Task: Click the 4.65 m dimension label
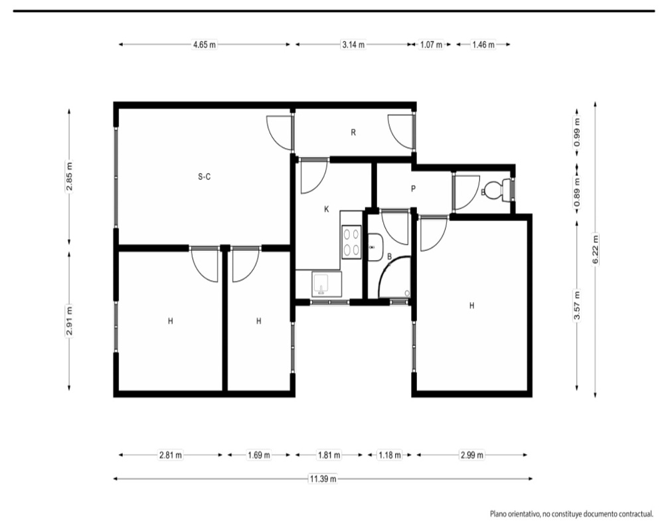click(x=205, y=44)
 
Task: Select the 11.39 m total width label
click(x=323, y=479)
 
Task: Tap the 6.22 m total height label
click(x=596, y=250)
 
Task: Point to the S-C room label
click(x=204, y=177)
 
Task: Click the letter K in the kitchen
click(x=327, y=209)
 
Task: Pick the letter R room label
click(x=353, y=133)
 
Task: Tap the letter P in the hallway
click(x=413, y=189)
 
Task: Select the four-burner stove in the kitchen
click(x=351, y=242)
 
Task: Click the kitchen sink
click(x=327, y=283)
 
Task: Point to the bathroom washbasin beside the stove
click(x=375, y=247)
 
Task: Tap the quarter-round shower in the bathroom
click(x=394, y=277)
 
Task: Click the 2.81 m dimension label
click(x=170, y=455)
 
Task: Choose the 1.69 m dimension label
click(x=259, y=455)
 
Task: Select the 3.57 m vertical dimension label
click(x=577, y=305)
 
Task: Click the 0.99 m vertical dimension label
click(x=577, y=132)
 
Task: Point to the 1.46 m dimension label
click(x=483, y=44)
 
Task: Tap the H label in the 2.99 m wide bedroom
click(x=471, y=305)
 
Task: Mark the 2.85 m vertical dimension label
click(x=70, y=177)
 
